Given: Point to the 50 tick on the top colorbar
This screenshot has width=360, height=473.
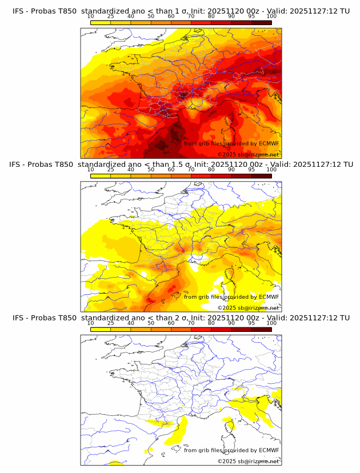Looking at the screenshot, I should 151,16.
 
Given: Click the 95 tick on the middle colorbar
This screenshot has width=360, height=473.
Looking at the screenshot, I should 251,169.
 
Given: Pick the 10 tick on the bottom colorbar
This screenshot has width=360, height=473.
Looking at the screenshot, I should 91,323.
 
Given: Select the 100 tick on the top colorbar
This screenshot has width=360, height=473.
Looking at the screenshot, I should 271,16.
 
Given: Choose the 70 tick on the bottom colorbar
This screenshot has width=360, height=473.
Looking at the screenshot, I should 191,323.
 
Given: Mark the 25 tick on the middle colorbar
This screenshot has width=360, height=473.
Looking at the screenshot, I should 111,169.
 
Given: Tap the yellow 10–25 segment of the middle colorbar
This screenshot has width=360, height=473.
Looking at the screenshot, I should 101,175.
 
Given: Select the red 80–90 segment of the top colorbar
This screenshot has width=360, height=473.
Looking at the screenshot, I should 221,22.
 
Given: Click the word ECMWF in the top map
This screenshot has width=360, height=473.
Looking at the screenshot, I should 269,143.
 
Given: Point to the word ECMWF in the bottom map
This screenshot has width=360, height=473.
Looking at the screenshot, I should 269,450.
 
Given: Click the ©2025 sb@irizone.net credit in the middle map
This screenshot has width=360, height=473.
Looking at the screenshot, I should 248,308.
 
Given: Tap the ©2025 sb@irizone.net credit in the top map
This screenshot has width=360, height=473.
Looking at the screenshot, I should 248,155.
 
